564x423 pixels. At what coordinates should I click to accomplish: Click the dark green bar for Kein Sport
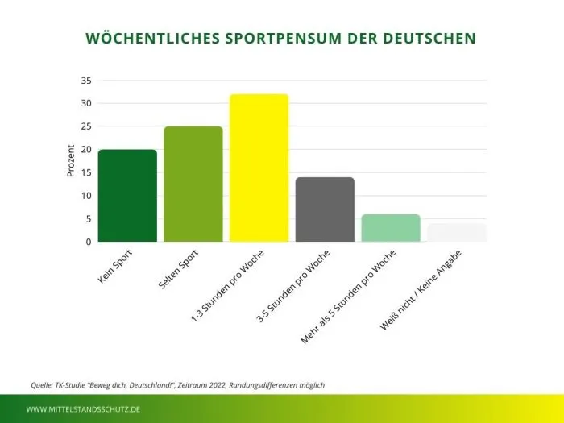click(x=127, y=196)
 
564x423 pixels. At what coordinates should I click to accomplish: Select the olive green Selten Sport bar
click(x=193, y=185)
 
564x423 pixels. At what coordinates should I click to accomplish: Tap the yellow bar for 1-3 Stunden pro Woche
click(x=259, y=168)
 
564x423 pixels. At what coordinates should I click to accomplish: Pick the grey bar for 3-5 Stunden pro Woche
click(x=325, y=209)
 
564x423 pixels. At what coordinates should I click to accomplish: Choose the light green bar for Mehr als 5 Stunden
click(x=391, y=228)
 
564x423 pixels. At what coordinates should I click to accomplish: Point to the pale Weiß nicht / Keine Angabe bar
click(x=457, y=233)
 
